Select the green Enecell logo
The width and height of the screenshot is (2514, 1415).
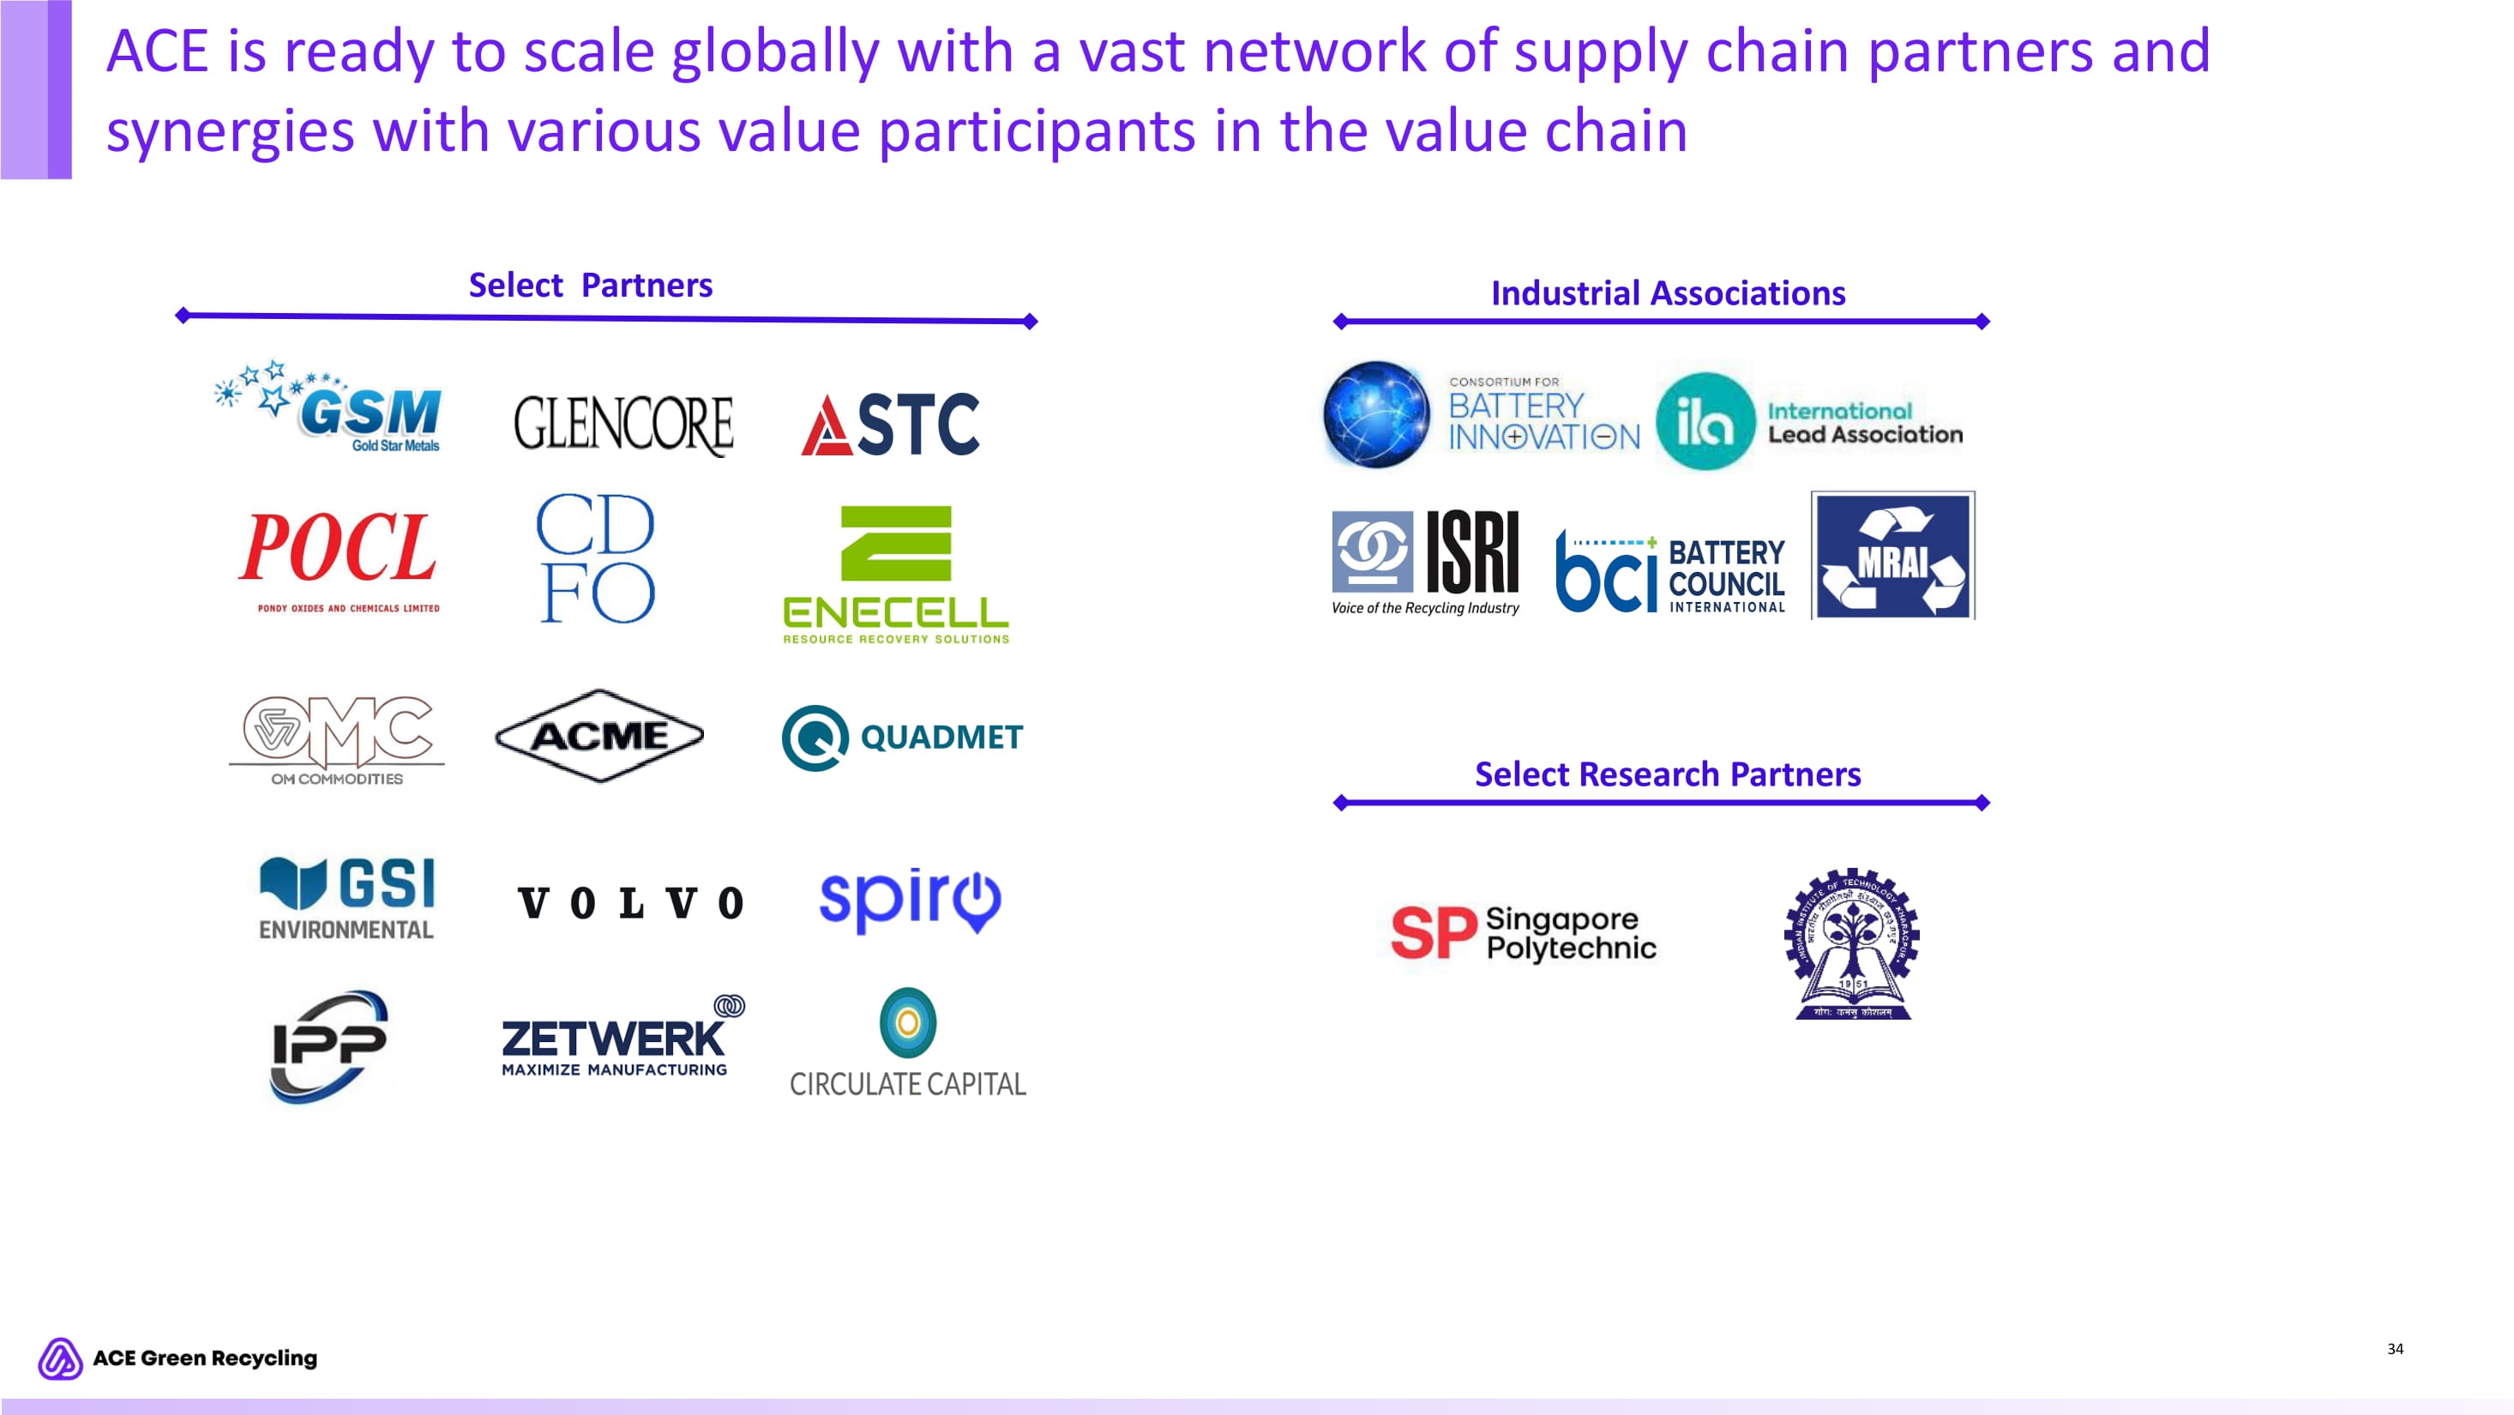tap(896, 574)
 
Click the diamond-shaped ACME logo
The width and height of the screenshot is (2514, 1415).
tap(599, 736)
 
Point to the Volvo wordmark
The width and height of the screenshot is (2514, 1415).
tap(630, 903)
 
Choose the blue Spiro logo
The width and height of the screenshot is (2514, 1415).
tap(910, 899)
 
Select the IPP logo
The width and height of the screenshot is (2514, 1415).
tap(329, 1046)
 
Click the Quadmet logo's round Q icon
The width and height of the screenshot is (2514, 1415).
tap(815, 738)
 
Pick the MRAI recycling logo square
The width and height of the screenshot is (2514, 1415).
tap(1892, 555)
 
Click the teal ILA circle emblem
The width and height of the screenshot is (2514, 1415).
tap(1705, 422)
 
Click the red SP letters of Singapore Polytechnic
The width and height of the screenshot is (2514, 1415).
tap(1433, 933)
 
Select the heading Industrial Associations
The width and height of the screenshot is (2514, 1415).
tap(1668, 292)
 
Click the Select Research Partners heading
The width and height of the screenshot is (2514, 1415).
tap(1667, 774)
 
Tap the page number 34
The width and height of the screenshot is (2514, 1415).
tap(2395, 1349)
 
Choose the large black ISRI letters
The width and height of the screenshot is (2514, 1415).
tap(1471, 552)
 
